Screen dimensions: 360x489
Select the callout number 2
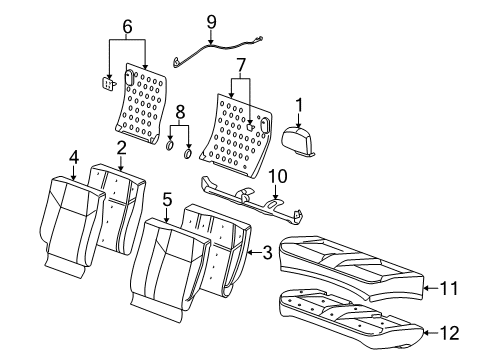pyautogui.click(x=121, y=148)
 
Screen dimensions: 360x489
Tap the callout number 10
pyautogui.click(x=276, y=178)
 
